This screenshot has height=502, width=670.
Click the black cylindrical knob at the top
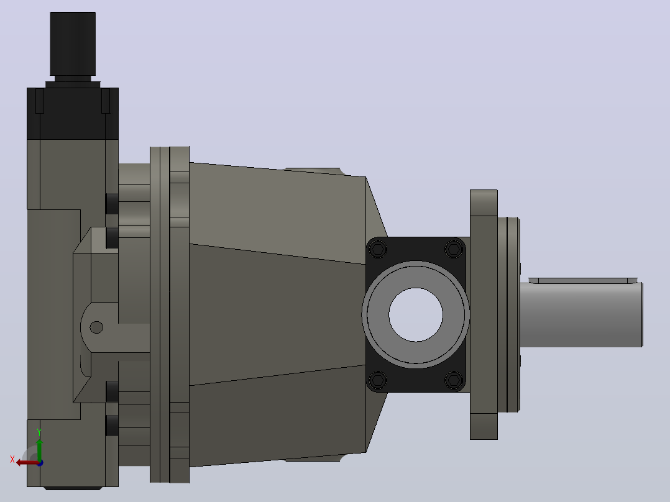73,43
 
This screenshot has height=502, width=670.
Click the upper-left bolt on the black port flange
377,249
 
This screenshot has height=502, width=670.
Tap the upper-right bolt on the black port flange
454,249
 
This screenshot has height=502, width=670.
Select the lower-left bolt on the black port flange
377,380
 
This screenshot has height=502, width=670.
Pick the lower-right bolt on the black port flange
454,380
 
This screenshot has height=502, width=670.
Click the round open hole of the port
416,315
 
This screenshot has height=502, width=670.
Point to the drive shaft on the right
582,314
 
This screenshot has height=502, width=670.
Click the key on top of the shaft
583,280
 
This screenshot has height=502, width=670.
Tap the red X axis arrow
27,463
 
